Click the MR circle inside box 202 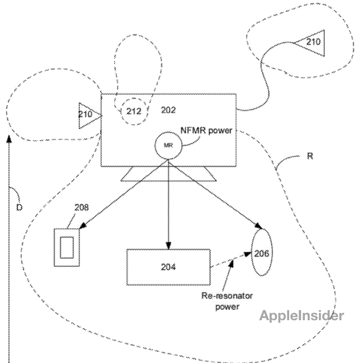(x=167, y=145)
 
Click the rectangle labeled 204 (x=167, y=267)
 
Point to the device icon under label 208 (x=67, y=247)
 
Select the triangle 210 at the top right (x=311, y=43)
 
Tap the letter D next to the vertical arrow (x=19, y=208)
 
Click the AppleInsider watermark (x=301, y=316)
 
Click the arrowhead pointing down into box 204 (x=168, y=245)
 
